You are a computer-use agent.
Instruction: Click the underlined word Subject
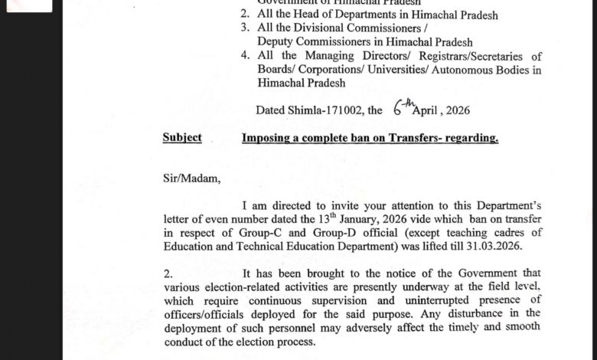coord(182,138)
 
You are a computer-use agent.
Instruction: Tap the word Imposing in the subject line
coord(267,138)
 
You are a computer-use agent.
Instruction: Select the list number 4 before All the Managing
coord(244,56)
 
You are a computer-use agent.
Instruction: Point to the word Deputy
coord(278,42)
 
